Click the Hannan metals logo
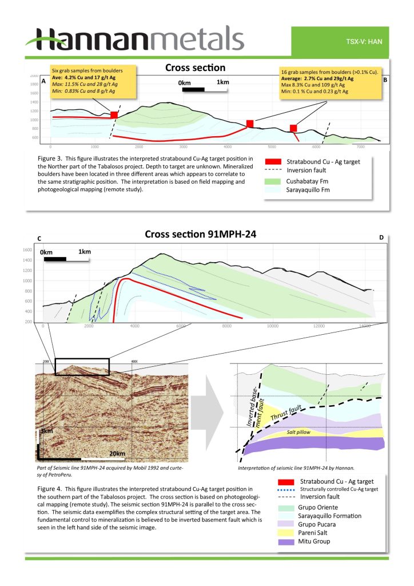pyautogui.click(x=135, y=39)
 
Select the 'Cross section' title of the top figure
pyautogui.click(x=195, y=68)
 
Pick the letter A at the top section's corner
pyautogui.click(x=44, y=81)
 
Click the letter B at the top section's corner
pyautogui.click(x=385, y=80)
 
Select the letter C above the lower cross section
pyautogui.click(x=39, y=237)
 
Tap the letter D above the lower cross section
pyautogui.click(x=381, y=237)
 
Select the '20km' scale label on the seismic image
pyautogui.click(x=117, y=454)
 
